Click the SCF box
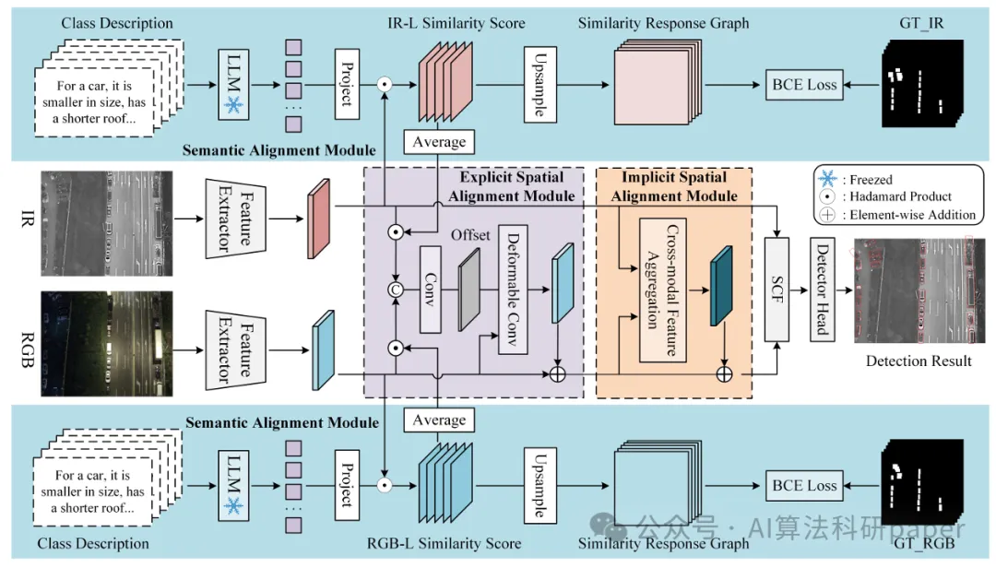point(778,275)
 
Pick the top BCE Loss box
point(803,85)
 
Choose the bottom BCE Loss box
point(803,486)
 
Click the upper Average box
point(439,141)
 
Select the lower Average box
point(439,420)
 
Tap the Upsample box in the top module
point(539,85)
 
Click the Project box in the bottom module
point(348,485)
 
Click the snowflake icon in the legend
point(825,179)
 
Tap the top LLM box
point(234,85)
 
